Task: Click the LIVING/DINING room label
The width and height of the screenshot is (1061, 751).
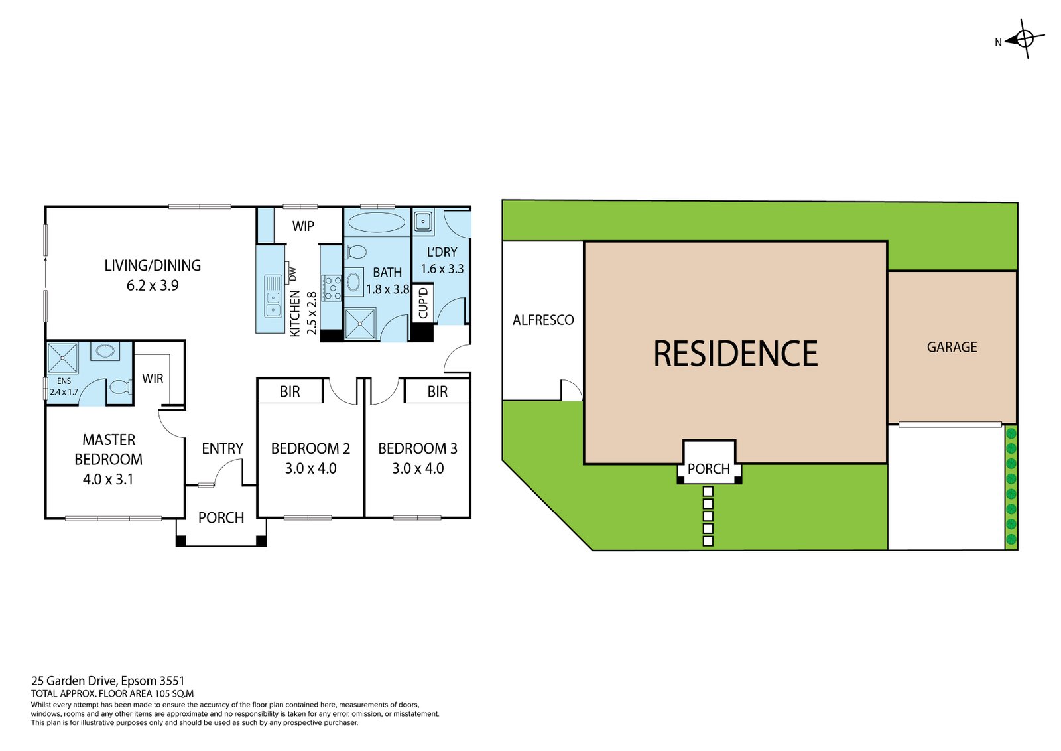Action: pos(153,265)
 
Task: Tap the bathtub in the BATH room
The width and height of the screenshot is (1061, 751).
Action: pos(376,222)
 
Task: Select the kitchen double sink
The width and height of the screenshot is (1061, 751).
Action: pos(273,296)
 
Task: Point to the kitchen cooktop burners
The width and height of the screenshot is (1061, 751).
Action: pos(332,287)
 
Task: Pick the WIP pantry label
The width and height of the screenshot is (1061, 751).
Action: pos(303,226)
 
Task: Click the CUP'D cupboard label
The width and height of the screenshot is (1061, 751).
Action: pos(423,303)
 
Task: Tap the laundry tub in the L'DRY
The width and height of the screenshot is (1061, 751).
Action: pos(422,220)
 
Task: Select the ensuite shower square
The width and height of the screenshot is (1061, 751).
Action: pos(63,358)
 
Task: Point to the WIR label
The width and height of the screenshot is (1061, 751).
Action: pos(153,379)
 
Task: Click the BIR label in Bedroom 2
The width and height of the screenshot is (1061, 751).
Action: pos(290,392)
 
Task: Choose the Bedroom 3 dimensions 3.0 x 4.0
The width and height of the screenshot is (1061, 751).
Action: pos(418,468)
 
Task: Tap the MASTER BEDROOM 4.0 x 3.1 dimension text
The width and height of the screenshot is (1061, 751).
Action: pos(108,479)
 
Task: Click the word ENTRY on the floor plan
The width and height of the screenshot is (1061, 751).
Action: pos(223,449)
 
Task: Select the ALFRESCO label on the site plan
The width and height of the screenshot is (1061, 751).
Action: pos(543,320)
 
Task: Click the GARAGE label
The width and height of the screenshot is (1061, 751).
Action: pos(952,347)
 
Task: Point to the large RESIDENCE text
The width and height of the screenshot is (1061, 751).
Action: pos(735,354)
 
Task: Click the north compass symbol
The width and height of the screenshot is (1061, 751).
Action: pos(1024,40)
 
